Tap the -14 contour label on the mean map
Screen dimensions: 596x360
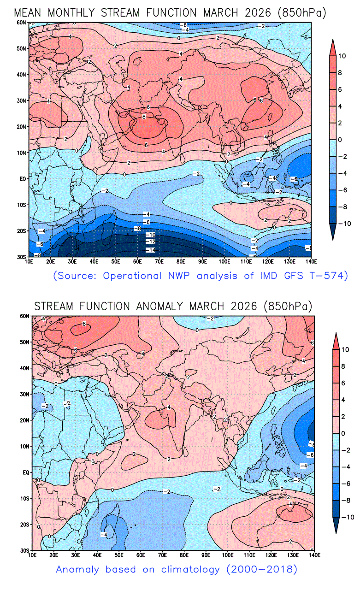tap(150, 250)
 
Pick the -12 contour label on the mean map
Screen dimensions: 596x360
tap(150, 242)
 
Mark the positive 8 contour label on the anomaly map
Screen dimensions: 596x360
tap(84, 324)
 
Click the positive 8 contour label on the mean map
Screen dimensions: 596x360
tap(144, 117)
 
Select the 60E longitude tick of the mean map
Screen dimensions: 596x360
tap(137, 261)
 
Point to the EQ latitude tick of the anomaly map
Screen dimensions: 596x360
tap(26, 472)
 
